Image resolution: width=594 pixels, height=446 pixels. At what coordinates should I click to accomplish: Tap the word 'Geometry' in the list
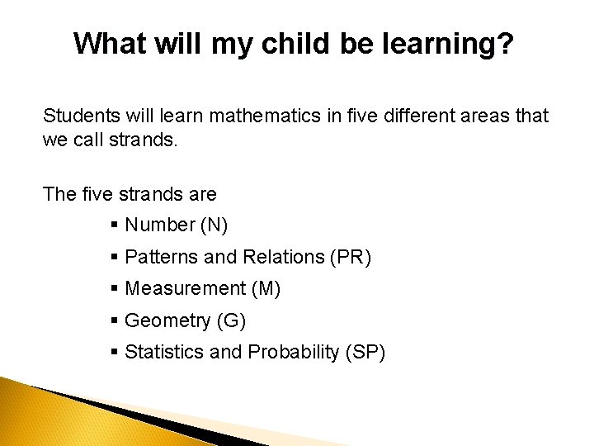[x=165, y=321]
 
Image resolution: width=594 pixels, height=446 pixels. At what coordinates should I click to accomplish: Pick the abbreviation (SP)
[x=364, y=352]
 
